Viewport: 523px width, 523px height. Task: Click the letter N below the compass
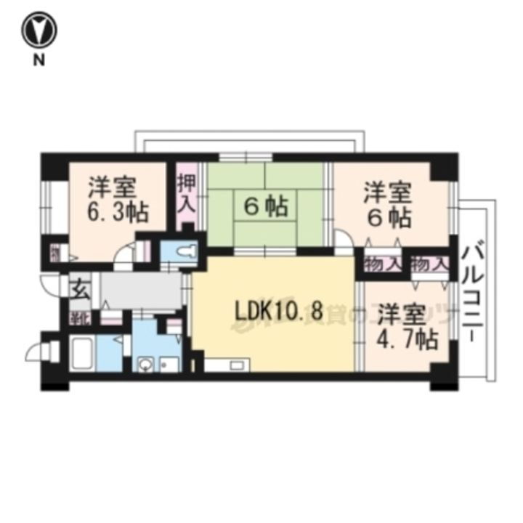coord(37,62)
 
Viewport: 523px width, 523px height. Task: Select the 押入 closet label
coord(187,191)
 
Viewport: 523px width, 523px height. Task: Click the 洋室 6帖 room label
coord(388,205)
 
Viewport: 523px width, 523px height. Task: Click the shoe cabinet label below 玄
coord(78,317)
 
